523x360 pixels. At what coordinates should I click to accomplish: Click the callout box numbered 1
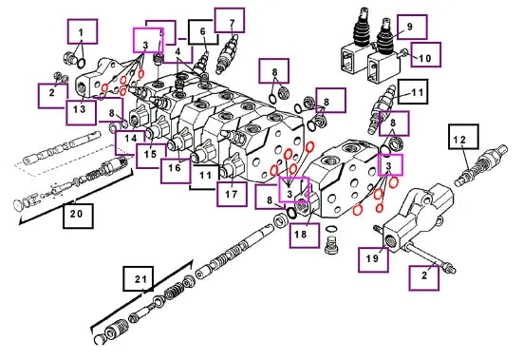point(83,31)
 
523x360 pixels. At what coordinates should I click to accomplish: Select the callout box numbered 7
point(230,21)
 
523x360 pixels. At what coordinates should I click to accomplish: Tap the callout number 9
point(410,27)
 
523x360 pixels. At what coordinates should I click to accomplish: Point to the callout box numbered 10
point(425,54)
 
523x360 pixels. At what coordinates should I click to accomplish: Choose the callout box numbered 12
point(463,137)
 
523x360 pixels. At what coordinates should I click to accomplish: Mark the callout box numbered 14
point(130,142)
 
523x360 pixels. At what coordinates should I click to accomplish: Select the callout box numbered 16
point(176,171)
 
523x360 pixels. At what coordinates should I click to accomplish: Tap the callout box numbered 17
point(233,194)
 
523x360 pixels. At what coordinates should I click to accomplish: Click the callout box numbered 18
point(304,236)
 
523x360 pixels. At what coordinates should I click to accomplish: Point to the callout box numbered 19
point(374,259)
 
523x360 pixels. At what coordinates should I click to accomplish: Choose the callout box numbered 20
point(78,216)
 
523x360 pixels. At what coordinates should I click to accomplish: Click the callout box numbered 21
point(138,278)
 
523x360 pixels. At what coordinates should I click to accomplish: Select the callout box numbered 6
point(203,32)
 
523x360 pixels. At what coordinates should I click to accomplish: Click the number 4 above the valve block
point(177,51)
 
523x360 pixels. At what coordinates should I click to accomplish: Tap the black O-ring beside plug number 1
point(81,63)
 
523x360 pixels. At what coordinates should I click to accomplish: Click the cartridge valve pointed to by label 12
point(481,165)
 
